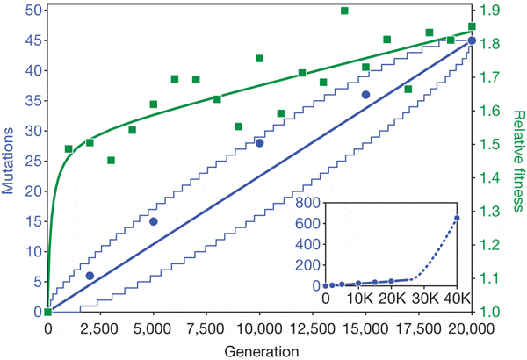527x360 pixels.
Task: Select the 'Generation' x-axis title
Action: [260, 350]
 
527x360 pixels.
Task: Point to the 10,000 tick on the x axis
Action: [260, 328]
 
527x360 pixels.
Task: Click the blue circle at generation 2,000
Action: [90, 276]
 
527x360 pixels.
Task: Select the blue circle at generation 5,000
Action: [154, 221]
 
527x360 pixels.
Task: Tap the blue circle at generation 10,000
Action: [260, 142]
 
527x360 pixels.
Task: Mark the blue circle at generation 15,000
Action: [366, 94]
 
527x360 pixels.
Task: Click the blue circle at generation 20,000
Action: [473, 40]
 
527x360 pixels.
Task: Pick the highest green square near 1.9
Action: [344, 11]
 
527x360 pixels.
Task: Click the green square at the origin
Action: [47, 312]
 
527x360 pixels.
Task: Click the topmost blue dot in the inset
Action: [457, 218]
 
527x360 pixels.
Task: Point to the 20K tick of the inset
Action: [391, 299]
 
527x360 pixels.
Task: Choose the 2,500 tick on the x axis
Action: [100, 328]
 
